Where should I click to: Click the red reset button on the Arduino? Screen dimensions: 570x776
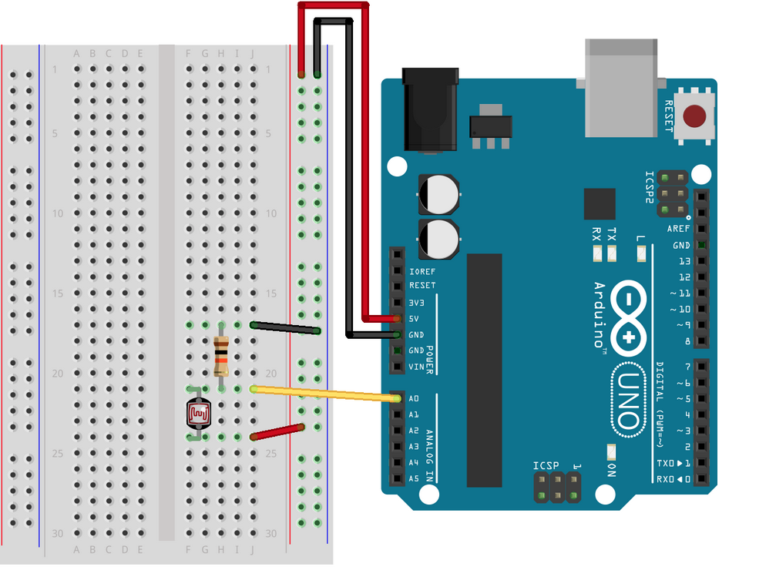coord(695,117)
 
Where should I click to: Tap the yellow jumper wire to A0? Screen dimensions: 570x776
coord(324,394)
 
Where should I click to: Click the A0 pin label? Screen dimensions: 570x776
coord(414,398)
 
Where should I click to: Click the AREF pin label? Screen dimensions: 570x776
coord(678,230)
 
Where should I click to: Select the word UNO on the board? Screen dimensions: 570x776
coord(628,401)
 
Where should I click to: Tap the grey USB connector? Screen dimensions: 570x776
coord(622,86)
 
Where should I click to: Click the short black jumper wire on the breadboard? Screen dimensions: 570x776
coord(285,328)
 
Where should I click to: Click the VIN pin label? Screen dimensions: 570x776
coord(416,367)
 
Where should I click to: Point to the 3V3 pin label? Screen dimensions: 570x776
coord(416,302)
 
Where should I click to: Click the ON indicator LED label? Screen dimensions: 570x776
coord(610,470)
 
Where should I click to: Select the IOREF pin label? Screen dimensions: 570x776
coord(422,270)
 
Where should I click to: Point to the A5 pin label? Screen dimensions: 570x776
coord(414,478)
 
